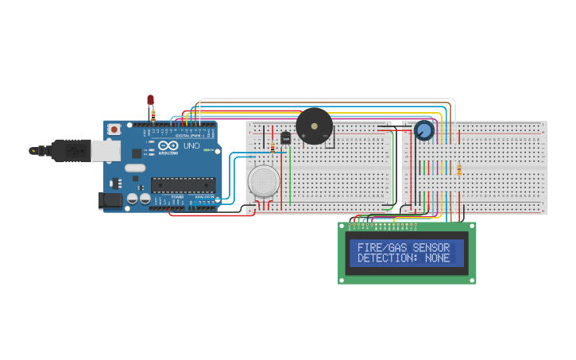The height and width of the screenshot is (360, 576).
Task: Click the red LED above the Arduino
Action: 150,99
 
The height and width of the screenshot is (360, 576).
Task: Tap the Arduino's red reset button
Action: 114,129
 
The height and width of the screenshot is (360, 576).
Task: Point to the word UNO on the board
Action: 191,146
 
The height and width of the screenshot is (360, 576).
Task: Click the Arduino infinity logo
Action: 168,146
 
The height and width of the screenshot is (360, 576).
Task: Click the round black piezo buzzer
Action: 314,126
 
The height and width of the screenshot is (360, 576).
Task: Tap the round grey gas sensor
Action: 264,180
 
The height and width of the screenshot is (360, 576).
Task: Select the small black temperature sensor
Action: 285,138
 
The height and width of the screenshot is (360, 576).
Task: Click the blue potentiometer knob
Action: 424,130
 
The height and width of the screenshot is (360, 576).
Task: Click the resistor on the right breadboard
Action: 459,170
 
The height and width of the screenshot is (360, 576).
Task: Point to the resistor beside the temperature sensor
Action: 273,147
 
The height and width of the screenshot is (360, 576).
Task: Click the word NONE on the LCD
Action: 437,258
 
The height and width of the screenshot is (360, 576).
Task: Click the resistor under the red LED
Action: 153,114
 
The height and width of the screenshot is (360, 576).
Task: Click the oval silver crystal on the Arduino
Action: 135,168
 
